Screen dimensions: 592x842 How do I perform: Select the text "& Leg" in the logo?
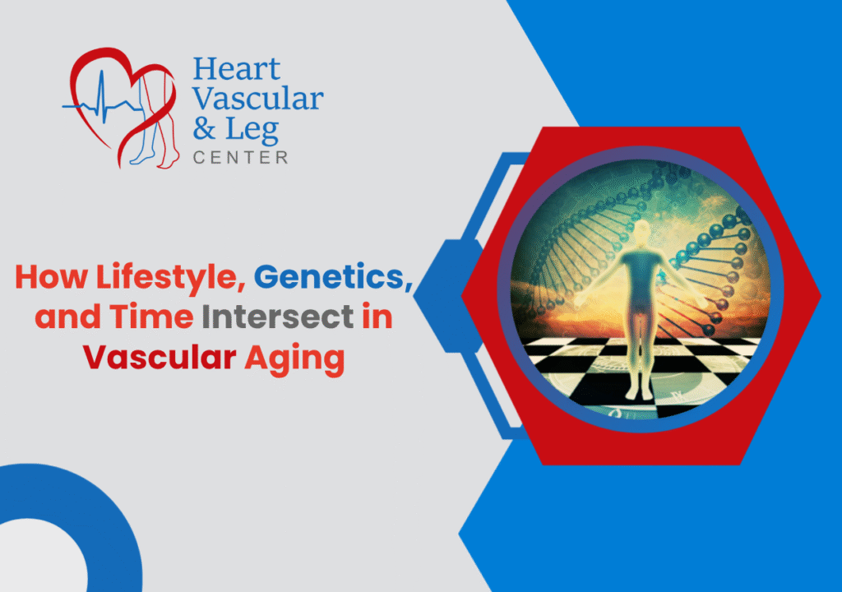pyautogui.click(x=235, y=129)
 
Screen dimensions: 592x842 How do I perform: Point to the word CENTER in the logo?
pyautogui.click(x=240, y=157)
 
